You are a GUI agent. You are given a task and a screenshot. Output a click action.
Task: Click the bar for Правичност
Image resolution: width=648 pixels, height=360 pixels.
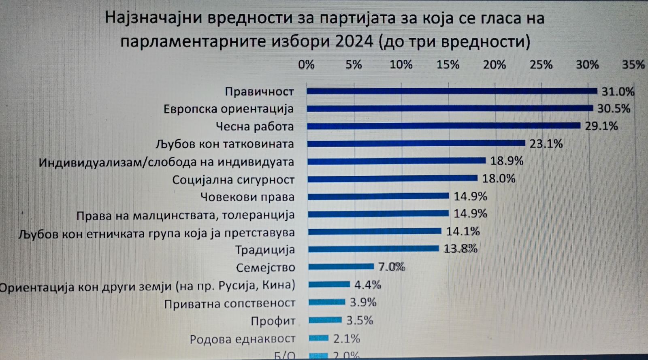452,91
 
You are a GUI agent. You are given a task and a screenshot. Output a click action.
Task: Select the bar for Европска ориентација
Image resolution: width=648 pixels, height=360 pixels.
450,109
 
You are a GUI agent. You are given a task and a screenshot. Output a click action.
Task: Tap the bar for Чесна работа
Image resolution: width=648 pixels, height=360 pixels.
443,126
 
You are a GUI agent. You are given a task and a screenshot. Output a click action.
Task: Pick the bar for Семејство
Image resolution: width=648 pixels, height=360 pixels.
341,266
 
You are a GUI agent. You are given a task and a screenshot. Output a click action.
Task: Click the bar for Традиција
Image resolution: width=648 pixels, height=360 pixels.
373,249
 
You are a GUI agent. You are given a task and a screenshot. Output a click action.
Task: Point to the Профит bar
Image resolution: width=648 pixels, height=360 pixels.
325,320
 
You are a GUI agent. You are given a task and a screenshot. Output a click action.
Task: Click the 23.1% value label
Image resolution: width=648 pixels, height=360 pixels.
546,144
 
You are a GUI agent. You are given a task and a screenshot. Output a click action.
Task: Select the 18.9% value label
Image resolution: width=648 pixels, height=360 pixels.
507,161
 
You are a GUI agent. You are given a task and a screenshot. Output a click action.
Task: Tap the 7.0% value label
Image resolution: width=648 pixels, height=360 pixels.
392,267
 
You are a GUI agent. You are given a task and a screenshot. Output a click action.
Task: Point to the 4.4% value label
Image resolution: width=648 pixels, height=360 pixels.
368,285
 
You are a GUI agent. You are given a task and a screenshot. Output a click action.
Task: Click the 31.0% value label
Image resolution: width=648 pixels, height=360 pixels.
618,92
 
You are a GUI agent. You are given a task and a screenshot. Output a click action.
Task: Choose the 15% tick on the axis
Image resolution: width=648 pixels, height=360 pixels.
448,65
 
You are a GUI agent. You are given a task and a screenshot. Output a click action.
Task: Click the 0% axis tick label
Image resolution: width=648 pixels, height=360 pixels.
306,65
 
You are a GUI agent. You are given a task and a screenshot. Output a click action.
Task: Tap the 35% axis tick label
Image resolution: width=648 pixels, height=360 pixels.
633,65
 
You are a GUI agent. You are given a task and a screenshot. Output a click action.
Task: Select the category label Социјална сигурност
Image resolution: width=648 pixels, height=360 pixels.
233,180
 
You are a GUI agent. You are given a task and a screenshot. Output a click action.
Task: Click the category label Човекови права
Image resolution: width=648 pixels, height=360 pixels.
247,197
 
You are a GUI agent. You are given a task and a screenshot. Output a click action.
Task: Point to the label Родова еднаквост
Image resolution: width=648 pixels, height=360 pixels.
243,339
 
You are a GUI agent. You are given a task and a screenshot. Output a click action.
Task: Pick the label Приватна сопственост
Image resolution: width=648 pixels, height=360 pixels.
230,303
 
